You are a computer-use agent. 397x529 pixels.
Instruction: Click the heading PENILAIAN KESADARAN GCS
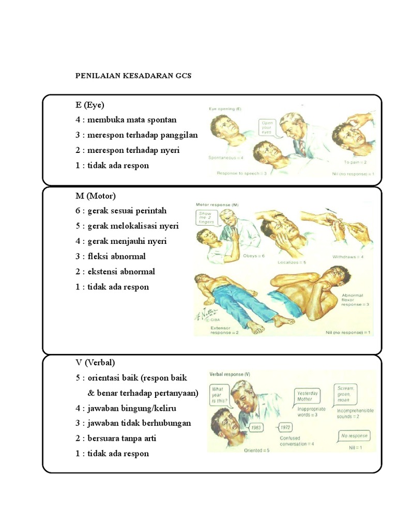click(x=133, y=75)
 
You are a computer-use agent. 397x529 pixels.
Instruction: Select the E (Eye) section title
click(x=89, y=105)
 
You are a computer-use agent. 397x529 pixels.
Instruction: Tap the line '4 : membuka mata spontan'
click(x=126, y=120)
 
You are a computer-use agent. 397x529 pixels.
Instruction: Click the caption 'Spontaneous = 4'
click(x=226, y=157)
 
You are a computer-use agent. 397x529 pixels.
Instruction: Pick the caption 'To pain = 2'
click(x=355, y=162)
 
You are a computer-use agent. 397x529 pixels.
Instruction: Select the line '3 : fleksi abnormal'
click(x=110, y=256)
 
